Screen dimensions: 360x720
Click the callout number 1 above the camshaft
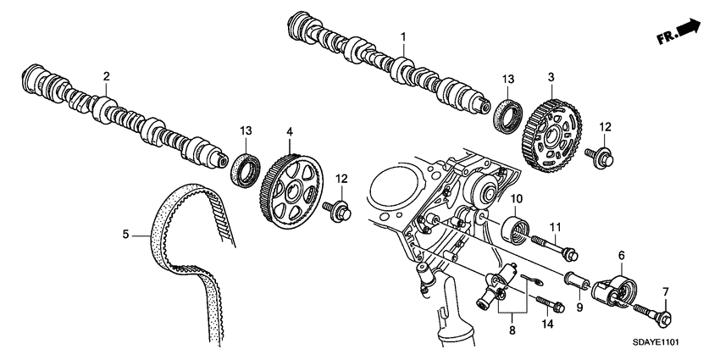click(x=403, y=36)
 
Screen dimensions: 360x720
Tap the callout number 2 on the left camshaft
click(x=107, y=76)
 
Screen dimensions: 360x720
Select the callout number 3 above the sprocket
click(x=551, y=76)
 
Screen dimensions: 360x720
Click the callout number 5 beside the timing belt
click(x=126, y=235)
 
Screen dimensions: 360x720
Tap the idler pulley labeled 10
click(x=517, y=229)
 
